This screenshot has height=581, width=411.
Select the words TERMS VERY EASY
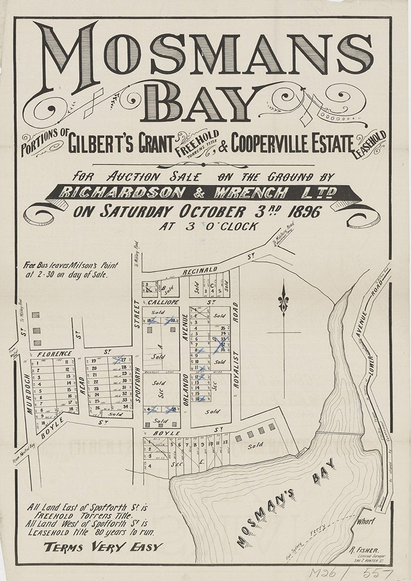click(103, 548)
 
